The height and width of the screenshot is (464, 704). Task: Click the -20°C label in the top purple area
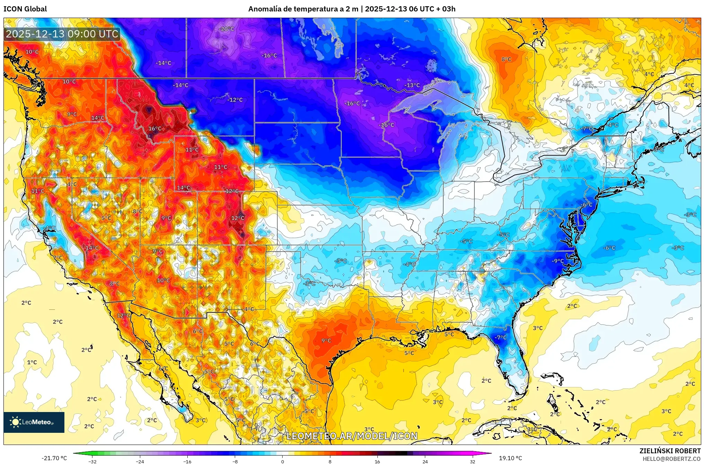[227, 29]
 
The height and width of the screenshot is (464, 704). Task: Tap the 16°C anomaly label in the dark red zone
[155, 129]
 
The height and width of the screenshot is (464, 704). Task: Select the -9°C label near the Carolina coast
[558, 261]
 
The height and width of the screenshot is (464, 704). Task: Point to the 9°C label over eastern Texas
[326, 341]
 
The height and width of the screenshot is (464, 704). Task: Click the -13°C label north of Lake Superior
[412, 85]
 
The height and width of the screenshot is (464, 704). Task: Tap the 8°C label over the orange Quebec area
[506, 59]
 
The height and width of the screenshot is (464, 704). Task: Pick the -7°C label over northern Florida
[500, 337]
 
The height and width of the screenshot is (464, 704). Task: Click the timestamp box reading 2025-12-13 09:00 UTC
[62, 34]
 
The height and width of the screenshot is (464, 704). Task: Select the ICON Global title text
[25, 9]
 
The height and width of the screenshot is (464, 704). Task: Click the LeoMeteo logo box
[34, 422]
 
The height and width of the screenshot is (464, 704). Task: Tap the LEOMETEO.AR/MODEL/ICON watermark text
[352, 436]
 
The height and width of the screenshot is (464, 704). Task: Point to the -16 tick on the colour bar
[187, 461]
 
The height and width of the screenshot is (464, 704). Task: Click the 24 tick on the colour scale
[425, 461]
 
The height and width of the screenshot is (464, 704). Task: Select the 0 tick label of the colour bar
[283, 461]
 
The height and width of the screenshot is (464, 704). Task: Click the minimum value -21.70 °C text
[54, 458]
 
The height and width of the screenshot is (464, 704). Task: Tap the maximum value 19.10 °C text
[510, 458]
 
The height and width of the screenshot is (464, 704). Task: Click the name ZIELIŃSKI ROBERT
[670, 451]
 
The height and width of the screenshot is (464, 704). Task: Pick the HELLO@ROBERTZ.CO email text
[671, 459]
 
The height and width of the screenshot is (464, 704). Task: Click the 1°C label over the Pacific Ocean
[32, 362]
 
